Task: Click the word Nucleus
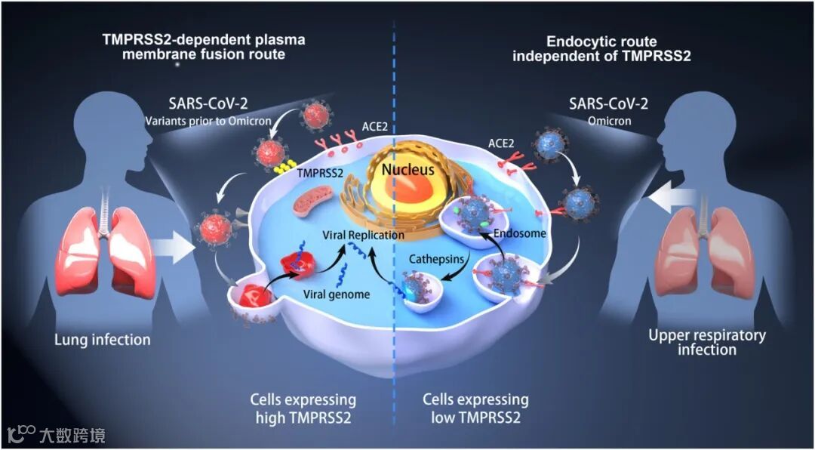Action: pyautogui.click(x=407, y=170)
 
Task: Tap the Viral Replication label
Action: pyautogui.click(x=364, y=235)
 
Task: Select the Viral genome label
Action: pyautogui.click(x=337, y=294)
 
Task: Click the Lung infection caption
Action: pyautogui.click(x=102, y=340)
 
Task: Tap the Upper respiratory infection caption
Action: pyautogui.click(x=707, y=342)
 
